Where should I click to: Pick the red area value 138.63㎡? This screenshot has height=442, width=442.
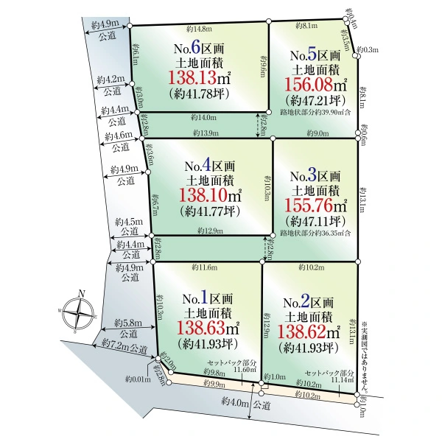pos(208,328)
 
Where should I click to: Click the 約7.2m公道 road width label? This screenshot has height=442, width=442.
pos(124,345)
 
